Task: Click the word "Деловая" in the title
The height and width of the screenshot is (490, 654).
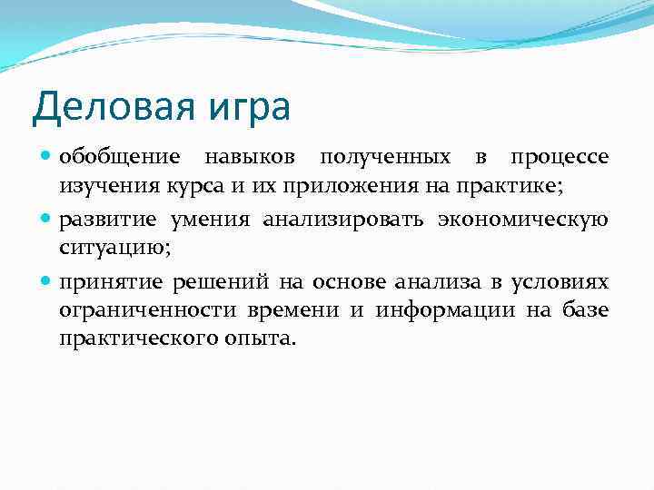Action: [107, 106]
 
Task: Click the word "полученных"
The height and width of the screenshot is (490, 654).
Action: [395, 158]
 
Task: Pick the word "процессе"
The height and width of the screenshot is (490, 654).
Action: [559, 158]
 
